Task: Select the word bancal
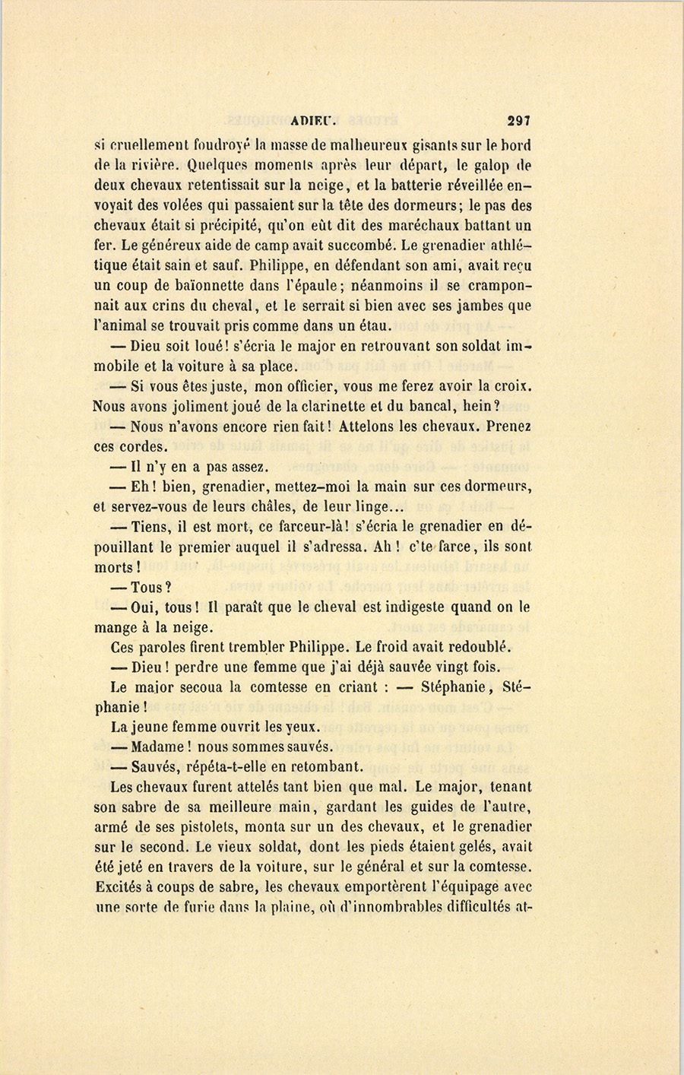click(x=442, y=406)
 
